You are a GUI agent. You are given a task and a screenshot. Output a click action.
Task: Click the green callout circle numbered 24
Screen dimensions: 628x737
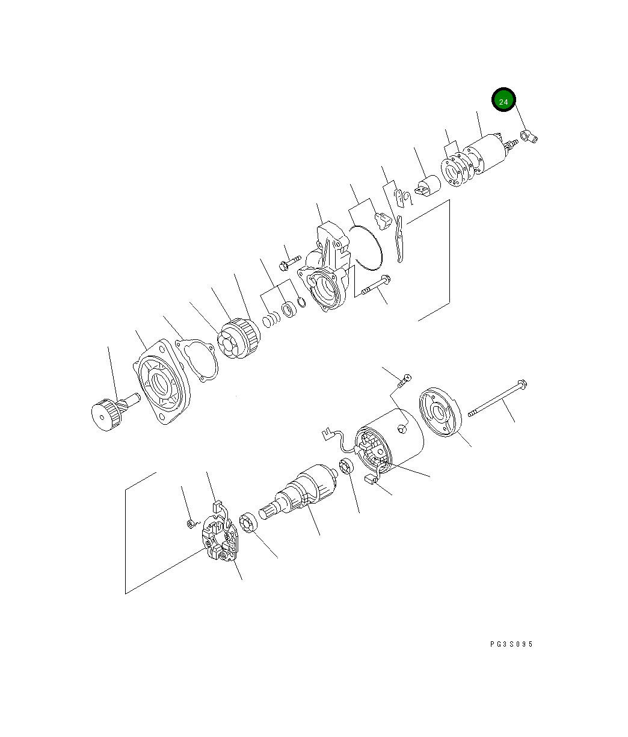(503, 99)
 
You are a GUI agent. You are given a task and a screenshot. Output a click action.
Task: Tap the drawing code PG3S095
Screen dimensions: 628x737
(511, 644)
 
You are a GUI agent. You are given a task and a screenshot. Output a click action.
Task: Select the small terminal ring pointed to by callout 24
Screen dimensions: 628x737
(529, 136)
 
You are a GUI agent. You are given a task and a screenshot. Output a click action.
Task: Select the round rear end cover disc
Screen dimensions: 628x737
(440, 412)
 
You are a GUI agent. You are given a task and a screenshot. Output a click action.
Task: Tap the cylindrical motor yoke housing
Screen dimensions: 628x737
(390, 442)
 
